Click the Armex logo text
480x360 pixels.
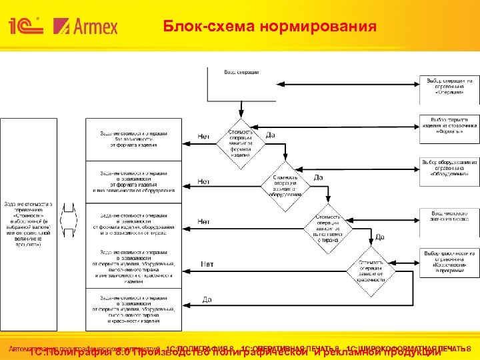pos(89,27)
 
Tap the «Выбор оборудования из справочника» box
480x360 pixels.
pos(451,167)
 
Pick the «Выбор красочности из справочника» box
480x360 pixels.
pos(451,259)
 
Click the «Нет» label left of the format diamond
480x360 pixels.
pos(204,137)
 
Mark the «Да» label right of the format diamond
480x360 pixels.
pos(271,135)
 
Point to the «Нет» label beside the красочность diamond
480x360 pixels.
pos(207,265)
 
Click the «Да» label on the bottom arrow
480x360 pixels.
pos(207,299)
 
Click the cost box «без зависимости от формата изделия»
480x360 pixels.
pos(133,137)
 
